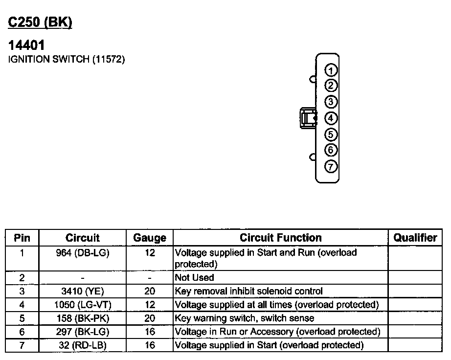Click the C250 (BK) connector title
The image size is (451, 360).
[x=41, y=22]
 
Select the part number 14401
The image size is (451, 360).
[x=27, y=45]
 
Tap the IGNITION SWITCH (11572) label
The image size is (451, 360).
[x=67, y=60]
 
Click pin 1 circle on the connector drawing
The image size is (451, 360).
[x=331, y=70]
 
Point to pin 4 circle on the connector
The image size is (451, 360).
[x=331, y=118]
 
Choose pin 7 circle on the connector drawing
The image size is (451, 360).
[x=331, y=166]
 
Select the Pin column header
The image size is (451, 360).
[x=22, y=238]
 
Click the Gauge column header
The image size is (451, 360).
[x=150, y=238]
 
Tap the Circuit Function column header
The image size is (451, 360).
[x=281, y=238]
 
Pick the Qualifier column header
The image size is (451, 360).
[x=415, y=238]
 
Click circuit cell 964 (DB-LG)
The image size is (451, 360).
[x=83, y=253]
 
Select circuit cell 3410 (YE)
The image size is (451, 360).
[x=83, y=291]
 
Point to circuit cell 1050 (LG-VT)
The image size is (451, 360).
[x=83, y=305]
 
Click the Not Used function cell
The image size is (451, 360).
[x=195, y=277]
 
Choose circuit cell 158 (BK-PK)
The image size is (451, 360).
[x=83, y=318]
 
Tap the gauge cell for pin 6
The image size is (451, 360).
[x=150, y=332]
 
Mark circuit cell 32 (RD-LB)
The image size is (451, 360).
[x=83, y=345]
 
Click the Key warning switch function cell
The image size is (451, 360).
[x=245, y=318]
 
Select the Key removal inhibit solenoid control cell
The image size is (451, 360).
[x=249, y=291]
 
